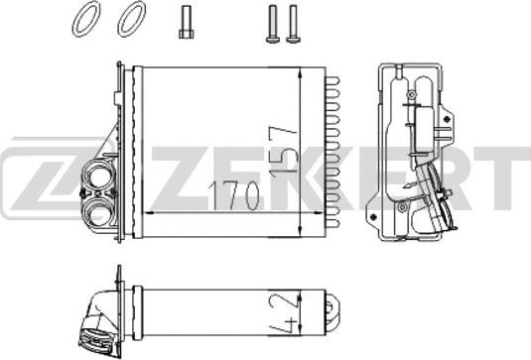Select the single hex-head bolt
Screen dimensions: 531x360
tap(186, 23)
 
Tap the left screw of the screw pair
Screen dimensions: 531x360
tap(272, 24)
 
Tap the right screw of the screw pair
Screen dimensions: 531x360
tap(293, 24)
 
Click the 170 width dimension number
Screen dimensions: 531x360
tap(233, 196)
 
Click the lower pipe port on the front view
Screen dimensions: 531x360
tap(98, 212)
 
